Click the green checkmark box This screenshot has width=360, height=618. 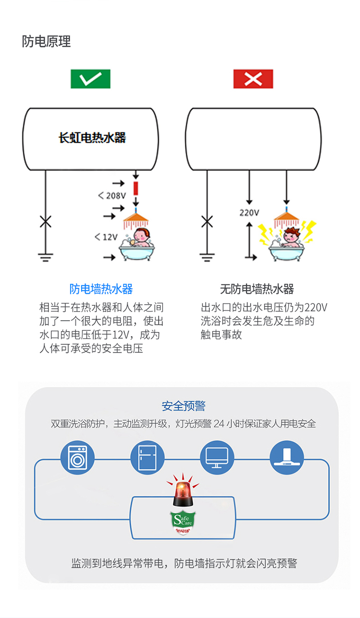(x=90, y=79)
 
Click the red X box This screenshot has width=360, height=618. (x=253, y=79)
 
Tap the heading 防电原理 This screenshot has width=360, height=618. (x=47, y=41)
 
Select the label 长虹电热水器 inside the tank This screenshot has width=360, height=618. (x=92, y=138)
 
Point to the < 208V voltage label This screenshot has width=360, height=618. (x=112, y=195)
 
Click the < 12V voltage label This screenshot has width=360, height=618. (x=106, y=237)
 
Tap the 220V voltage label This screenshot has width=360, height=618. (x=249, y=212)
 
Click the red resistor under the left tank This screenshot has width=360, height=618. (x=136, y=188)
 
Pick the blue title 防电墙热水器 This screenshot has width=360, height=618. (x=101, y=289)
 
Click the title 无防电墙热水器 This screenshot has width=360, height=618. (x=257, y=289)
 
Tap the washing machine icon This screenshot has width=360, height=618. (x=78, y=458)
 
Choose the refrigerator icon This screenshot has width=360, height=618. (x=147, y=458)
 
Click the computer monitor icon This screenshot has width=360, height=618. (x=217, y=458)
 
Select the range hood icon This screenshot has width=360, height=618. (x=287, y=458)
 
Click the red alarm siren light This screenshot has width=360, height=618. (x=182, y=492)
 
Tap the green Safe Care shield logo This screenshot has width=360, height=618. (x=182, y=522)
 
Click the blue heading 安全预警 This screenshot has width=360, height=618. (x=183, y=406)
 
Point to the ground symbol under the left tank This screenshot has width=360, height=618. (x=46, y=257)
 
